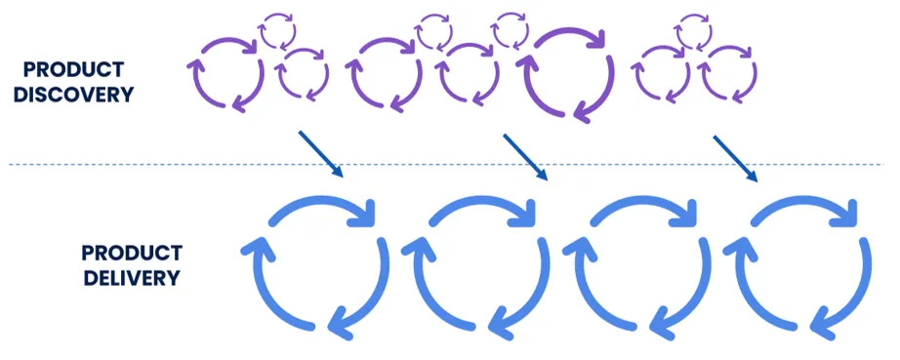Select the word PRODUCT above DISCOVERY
pos(74,70)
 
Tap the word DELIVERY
pos(131,277)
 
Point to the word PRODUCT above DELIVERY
pos(131,253)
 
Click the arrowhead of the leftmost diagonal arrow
pos(339,174)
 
